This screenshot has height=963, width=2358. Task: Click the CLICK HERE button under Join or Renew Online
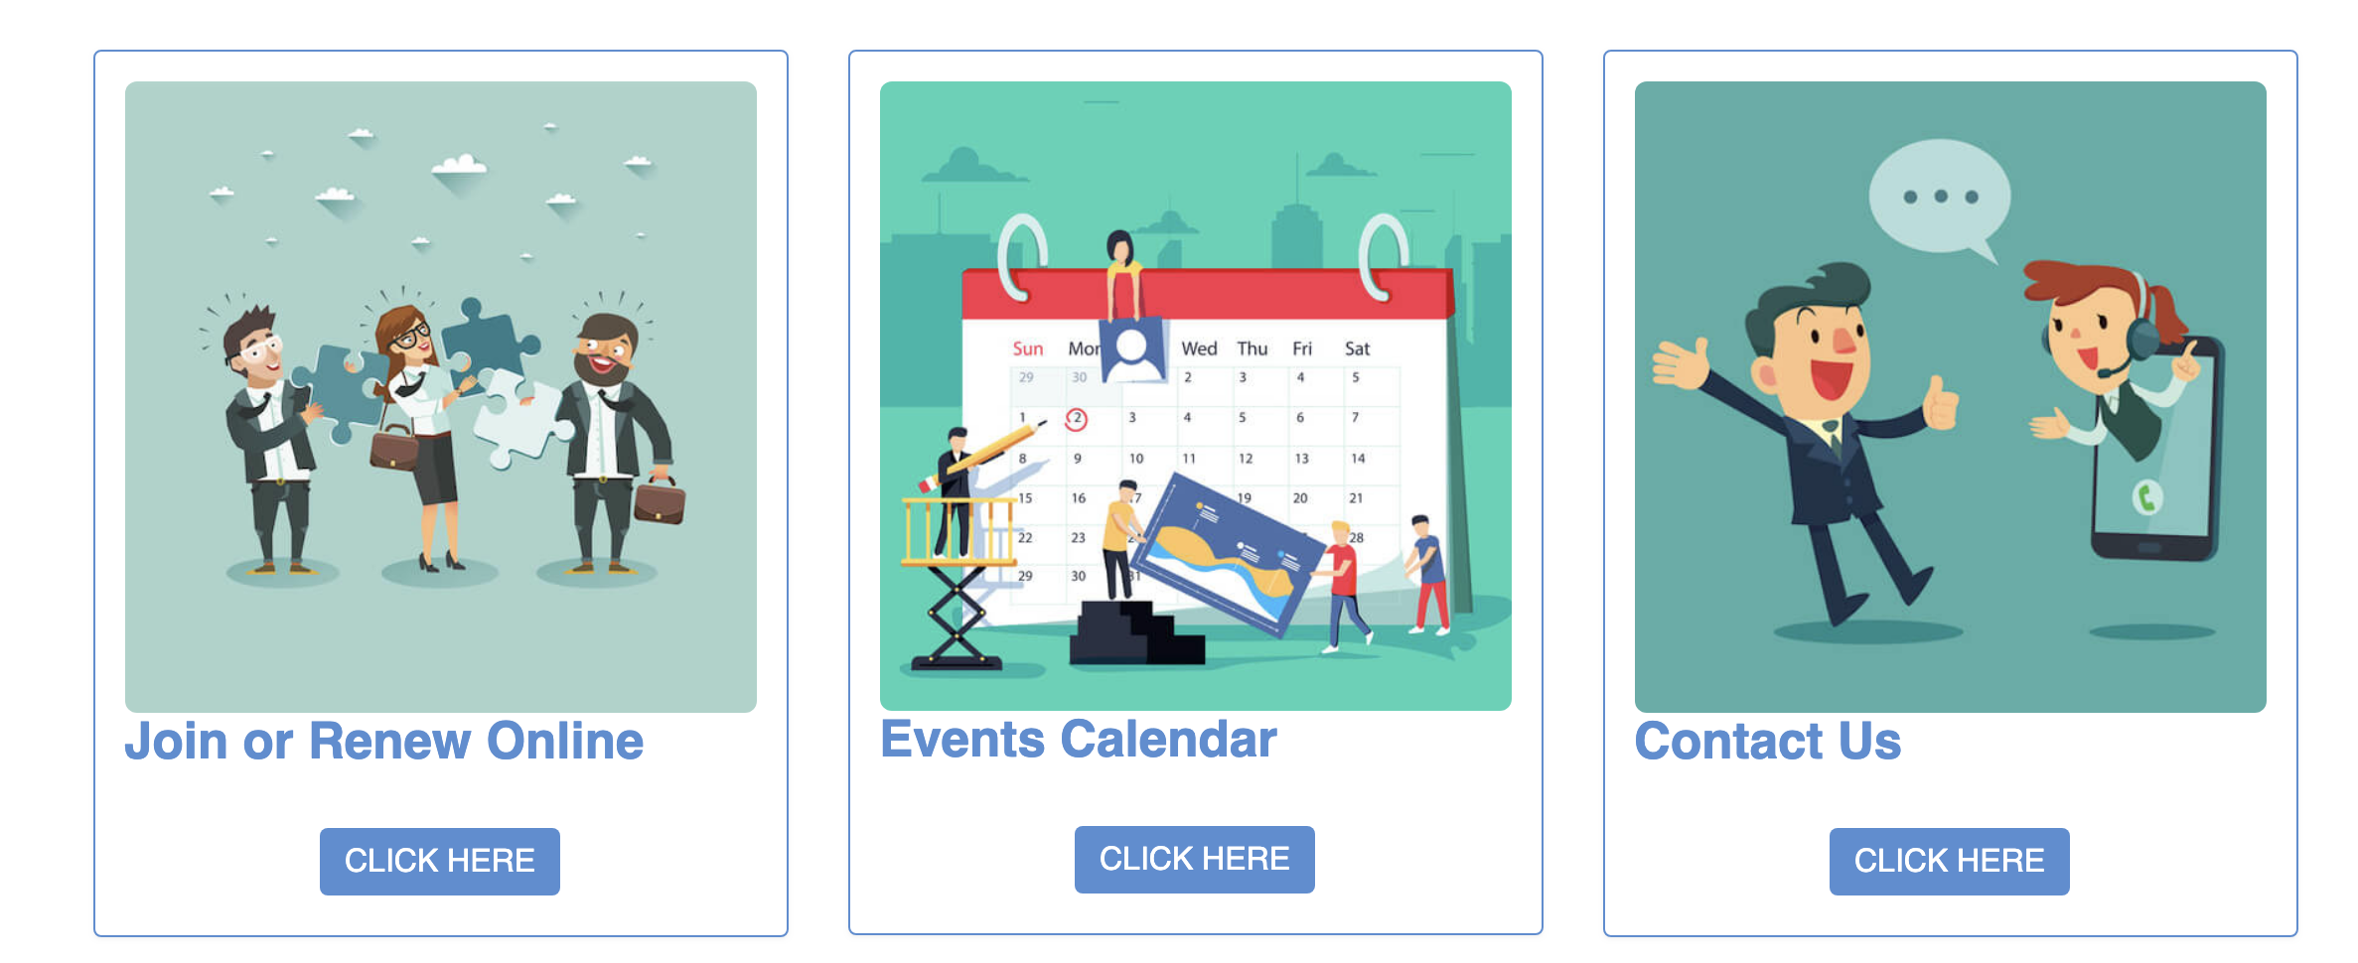[439, 861]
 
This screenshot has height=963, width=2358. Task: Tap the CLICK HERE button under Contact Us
[1949, 861]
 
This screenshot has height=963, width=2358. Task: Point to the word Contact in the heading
[1728, 741]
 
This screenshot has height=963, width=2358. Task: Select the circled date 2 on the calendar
[1077, 419]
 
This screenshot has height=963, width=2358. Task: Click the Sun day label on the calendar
[1027, 348]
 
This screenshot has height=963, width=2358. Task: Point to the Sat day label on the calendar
[1357, 348]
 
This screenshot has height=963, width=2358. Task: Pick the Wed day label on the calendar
[1199, 348]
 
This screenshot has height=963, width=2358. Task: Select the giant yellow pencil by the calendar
[982, 456]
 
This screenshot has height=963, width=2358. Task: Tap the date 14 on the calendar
[1358, 459]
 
